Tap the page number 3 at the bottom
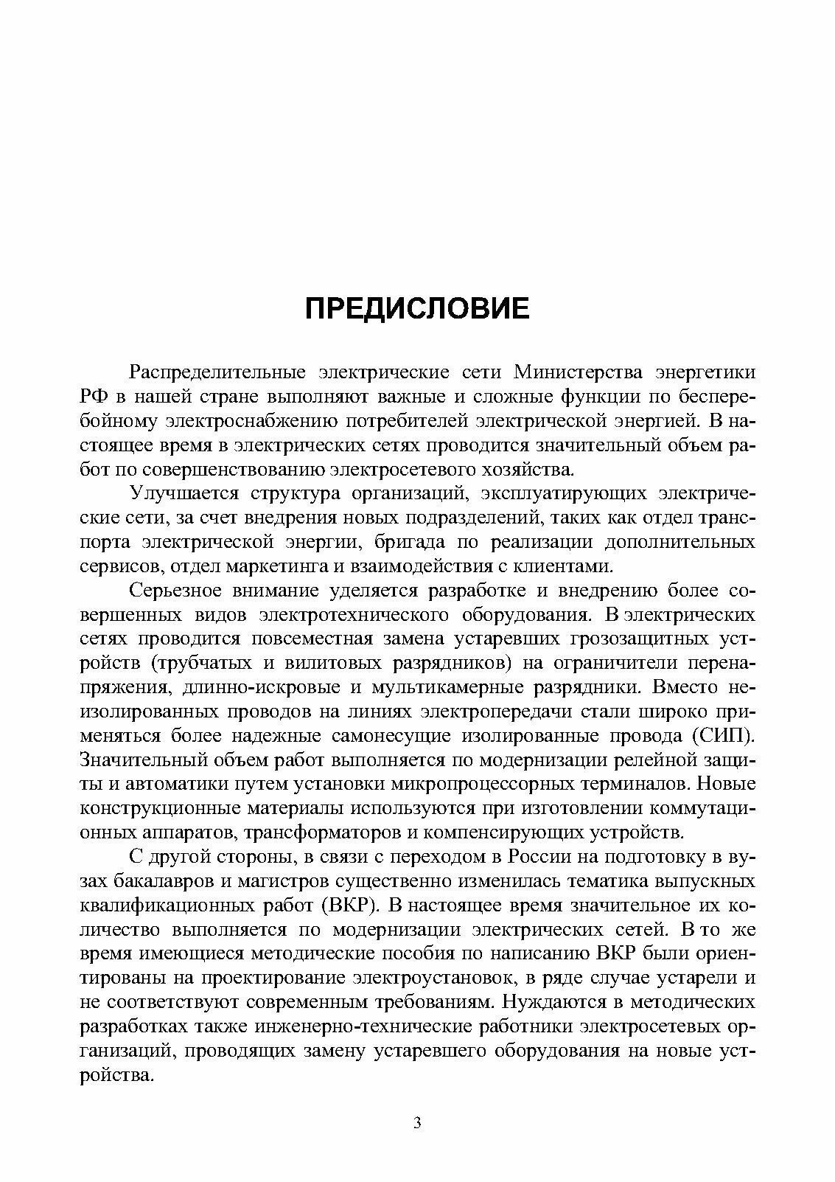pos(418,1124)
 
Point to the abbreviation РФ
pos(94,397)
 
